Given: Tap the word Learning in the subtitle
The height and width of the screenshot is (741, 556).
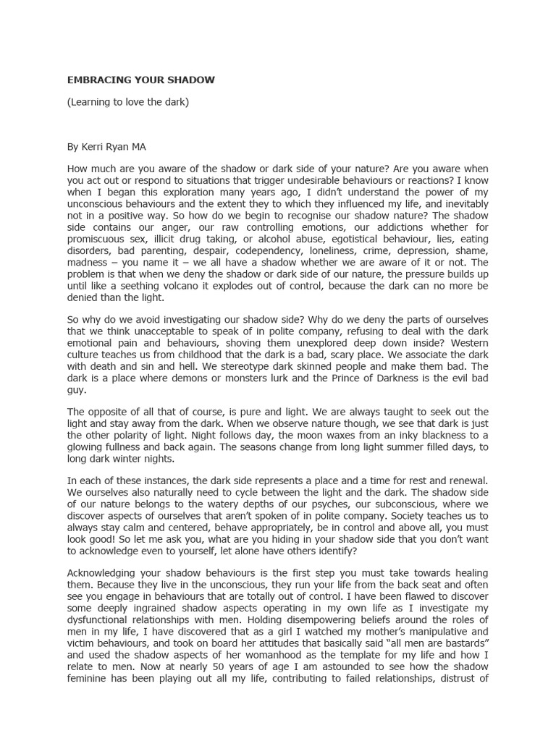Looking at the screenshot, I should tap(91, 101).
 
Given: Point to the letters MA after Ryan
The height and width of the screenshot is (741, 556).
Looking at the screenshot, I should tap(138, 146).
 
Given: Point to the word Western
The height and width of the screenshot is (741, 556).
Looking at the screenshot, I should tap(466, 343).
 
